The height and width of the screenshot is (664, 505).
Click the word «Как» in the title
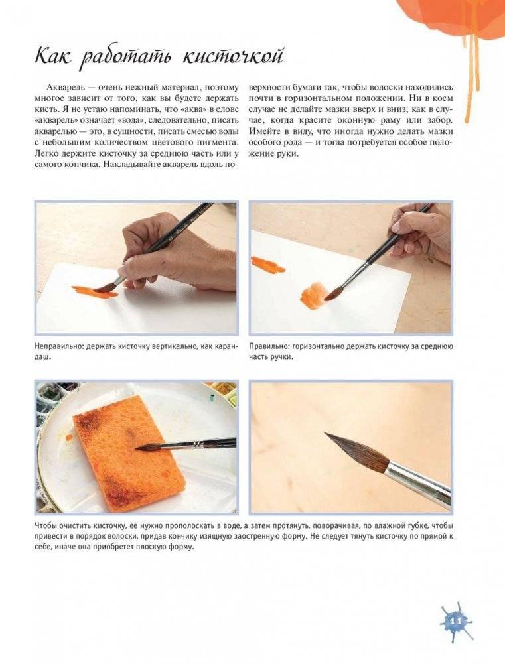coord(53,56)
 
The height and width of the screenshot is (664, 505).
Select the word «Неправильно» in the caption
coord(59,346)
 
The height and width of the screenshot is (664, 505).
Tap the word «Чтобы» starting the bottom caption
coord(46,527)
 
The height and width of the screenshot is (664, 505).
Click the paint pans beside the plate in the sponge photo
coord(51,398)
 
